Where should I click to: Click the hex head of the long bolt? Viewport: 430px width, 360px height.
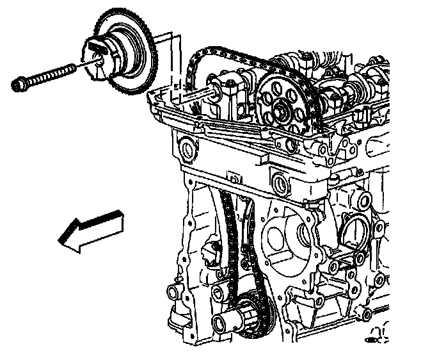[x=19, y=83]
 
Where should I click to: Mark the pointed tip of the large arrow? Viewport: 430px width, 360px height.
[x=61, y=241]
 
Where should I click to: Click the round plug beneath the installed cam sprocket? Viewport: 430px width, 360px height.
[x=279, y=183]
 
